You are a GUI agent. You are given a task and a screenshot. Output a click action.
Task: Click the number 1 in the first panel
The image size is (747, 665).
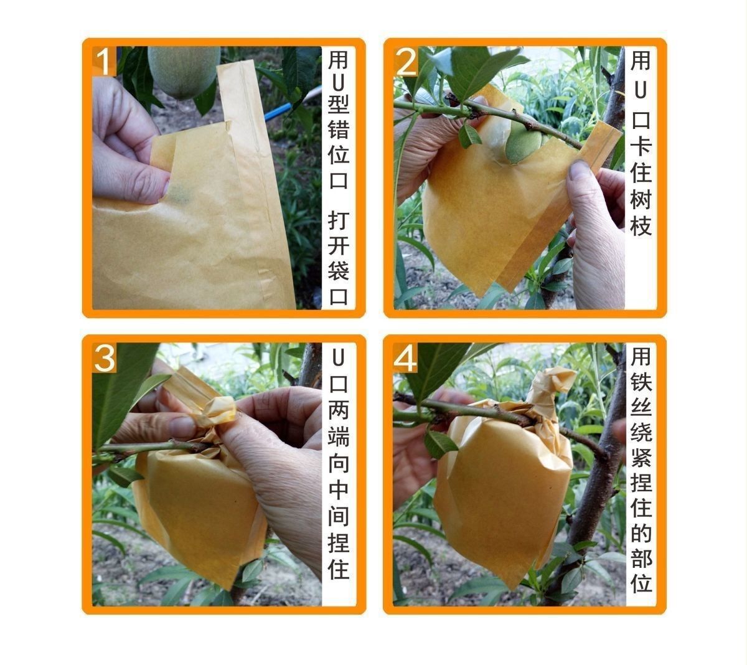pyautogui.click(x=104, y=61)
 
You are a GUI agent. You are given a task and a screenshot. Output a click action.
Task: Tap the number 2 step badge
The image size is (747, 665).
pyautogui.click(x=406, y=61)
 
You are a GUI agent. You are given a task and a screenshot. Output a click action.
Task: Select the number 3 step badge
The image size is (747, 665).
pyautogui.click(x=105, y=358)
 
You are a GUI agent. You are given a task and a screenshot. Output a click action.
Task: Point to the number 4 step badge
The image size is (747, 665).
pyautogui.click(x=406, y=358)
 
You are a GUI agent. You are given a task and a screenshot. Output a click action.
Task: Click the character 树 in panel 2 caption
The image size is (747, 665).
pyautogui.click(x=641, y=199)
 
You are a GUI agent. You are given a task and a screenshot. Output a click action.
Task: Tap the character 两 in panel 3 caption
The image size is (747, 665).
pyautogui.click(x=339, y=410)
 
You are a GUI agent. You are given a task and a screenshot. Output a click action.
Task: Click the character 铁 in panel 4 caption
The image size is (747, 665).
pyautogui.click(x=641, y=381)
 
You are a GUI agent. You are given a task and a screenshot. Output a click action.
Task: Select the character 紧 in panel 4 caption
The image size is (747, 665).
pyautogui.click(x=641, y=458)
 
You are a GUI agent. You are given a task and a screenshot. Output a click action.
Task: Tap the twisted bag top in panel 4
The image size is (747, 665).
pyautogui.click(x=550, y=385)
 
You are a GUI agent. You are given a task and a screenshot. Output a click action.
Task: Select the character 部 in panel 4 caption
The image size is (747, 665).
pyautogui.click(x=641, y=559)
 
